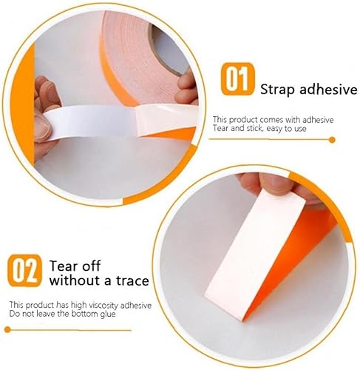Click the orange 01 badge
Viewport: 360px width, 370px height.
point(237,79)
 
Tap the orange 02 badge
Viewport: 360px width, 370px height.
point(24,271)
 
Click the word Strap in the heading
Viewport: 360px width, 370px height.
point(277,90)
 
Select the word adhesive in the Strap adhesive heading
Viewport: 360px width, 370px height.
point(328,89)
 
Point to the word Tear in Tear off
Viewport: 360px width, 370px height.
point(63,266)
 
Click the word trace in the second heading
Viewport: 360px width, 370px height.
point(132,280)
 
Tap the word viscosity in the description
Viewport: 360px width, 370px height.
point(103,306)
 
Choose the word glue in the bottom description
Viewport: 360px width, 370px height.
point(108,314)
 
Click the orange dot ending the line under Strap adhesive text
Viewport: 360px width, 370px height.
point(332,140)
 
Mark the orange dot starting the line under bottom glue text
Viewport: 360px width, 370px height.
point(7,329)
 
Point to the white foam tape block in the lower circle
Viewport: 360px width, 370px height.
point(256,254)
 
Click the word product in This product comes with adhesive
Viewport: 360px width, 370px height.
point(242,120)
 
